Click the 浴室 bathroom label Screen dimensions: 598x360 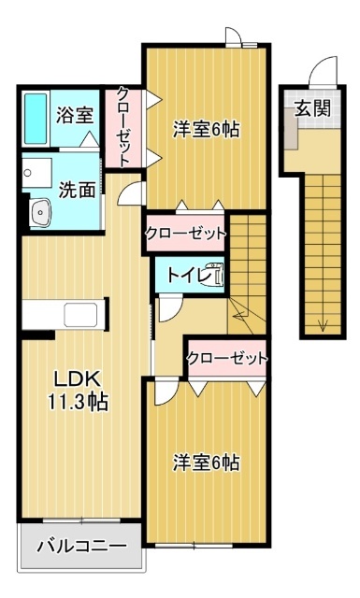(x=76, y=116)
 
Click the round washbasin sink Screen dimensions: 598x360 (x=41, y=214)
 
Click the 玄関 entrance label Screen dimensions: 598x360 (x=313, y=107)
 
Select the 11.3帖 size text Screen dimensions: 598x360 (x=77, y=403)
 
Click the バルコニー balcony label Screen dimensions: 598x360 (x=80, y=547)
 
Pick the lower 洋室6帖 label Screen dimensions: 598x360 (x=206, y=462)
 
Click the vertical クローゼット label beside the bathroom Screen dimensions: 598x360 (x=123, y=126)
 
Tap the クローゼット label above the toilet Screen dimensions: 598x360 (x=185, y=234)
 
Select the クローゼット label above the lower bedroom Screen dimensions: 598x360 (x=226, y=357)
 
